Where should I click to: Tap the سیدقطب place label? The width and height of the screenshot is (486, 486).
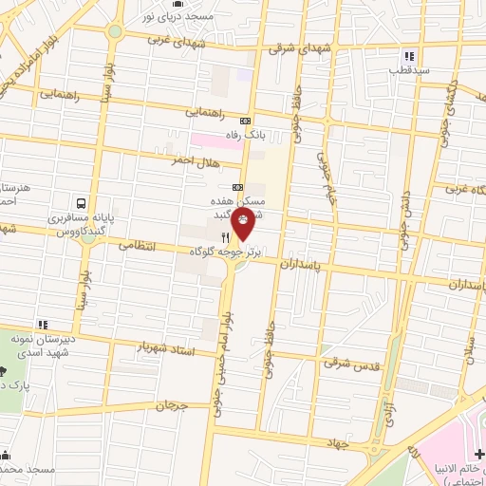click(413, 70)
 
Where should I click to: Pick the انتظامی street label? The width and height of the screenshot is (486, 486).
click(138, 245)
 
